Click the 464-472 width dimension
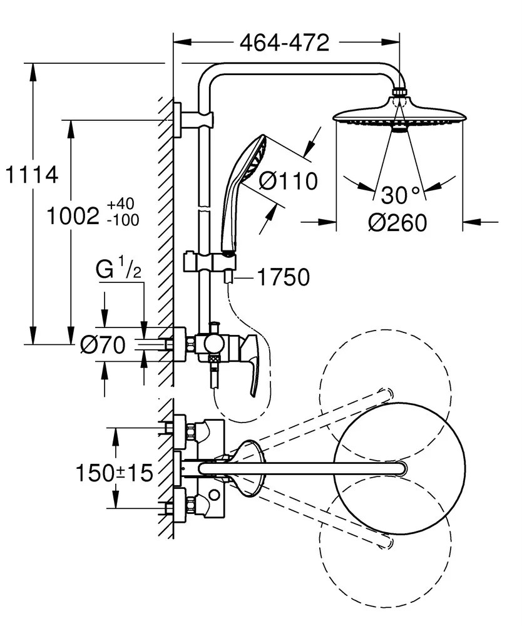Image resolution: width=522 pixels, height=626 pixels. tap(284, 43)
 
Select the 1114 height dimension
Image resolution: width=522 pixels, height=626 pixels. tap(30, 175)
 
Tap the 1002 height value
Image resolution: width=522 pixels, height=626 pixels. tap(74, 216)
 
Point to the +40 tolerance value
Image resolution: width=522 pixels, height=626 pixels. tap(120, 205)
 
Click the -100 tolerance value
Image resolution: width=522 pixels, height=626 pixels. tap(123, 220)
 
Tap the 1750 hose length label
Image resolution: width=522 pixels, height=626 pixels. tap(284, 277)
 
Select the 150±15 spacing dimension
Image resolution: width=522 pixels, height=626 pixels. tap(115, 473)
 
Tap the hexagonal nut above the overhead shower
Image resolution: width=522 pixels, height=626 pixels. tap(399, 94)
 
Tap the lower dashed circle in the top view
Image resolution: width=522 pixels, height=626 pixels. tap(385, 537)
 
